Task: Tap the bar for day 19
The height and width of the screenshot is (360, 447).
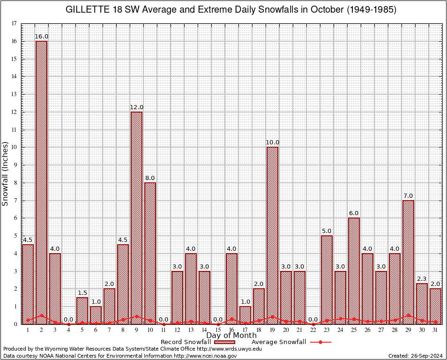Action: point(272,234)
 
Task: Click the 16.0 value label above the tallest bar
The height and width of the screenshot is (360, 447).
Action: point(41,36)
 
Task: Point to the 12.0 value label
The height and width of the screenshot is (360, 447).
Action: point(136,107)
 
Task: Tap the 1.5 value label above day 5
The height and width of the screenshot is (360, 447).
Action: point(82,292)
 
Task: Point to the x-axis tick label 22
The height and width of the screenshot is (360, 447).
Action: point(313,330)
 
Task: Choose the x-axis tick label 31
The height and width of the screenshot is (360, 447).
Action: point(435,330)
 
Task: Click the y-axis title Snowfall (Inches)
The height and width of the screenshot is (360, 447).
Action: point(6,173)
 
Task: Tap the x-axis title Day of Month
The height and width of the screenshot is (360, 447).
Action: point(231,336)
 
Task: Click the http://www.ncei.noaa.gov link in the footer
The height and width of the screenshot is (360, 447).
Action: point(205,356)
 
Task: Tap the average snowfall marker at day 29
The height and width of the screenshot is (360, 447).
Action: point(408,315)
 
